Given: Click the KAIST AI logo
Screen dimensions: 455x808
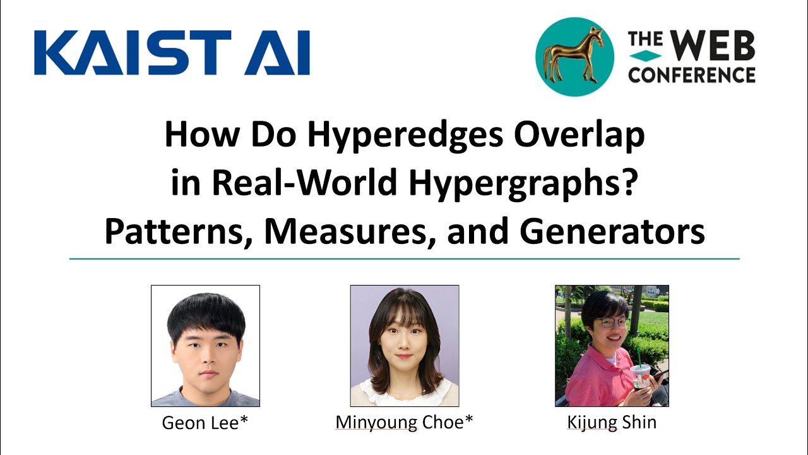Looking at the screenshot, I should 172,52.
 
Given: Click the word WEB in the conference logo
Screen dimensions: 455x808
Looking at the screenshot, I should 711,46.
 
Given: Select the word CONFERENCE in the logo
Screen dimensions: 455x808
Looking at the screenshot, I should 692,75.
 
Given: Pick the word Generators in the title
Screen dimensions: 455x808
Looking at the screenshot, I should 612,232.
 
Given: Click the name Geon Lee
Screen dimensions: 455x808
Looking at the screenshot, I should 201,422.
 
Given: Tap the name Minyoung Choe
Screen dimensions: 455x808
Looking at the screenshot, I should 400,422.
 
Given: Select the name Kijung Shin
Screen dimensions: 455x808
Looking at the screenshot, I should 612,422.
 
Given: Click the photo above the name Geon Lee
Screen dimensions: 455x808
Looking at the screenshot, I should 205,345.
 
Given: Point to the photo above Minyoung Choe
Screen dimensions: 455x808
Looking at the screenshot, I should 405,345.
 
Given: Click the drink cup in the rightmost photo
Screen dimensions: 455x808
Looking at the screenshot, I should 640,377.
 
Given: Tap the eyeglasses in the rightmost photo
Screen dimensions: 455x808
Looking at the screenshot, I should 612,322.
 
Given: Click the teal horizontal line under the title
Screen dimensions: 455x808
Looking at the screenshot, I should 404,259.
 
